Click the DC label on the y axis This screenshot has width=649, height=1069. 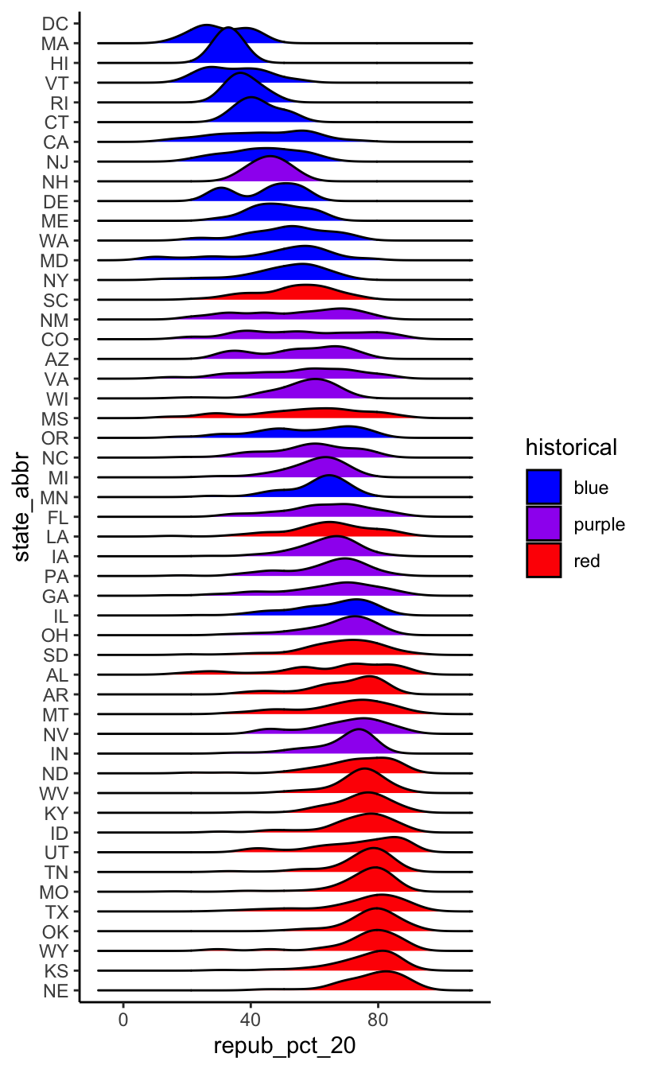[x=56, y=24]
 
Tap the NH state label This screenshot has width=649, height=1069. [x=55, y=181]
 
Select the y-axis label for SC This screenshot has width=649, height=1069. [x=55, y=300]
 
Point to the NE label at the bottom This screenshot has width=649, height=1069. [x=56, y=990]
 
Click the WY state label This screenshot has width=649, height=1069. [x=54, y=951]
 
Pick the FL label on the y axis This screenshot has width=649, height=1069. [x=56, y=517]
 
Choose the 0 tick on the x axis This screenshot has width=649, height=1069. [x=123, y=1020]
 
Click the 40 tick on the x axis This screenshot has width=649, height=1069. [x=251, y=1020]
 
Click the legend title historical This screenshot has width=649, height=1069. [x=570, y=448]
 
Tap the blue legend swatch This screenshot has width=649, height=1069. [x=543, y=487]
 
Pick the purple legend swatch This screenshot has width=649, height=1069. [x=543, y=523]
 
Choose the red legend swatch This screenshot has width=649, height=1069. [x=543, y=560]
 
